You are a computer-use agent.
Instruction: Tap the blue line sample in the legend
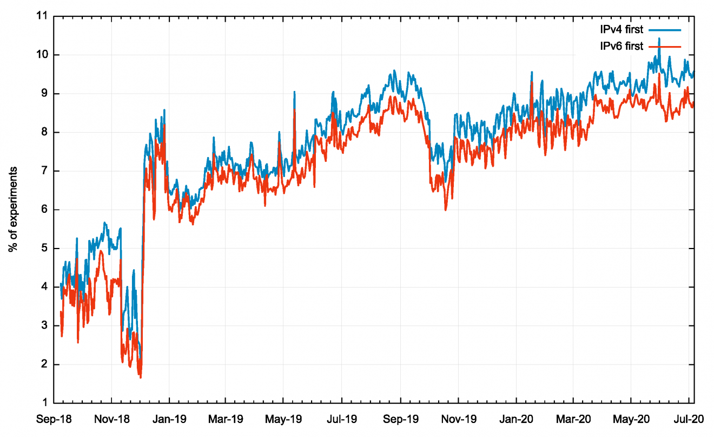664,29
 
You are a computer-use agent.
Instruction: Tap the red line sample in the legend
664,47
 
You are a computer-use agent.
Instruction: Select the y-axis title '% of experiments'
13,210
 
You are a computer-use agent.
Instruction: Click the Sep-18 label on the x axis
54,419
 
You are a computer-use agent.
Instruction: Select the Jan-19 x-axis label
169,419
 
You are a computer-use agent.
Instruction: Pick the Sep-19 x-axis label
400,419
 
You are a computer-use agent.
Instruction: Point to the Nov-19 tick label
458,419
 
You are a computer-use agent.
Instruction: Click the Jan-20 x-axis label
516,419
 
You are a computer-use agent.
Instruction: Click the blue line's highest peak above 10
659,38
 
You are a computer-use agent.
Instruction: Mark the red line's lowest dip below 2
141,377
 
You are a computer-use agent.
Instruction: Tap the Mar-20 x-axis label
573,419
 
